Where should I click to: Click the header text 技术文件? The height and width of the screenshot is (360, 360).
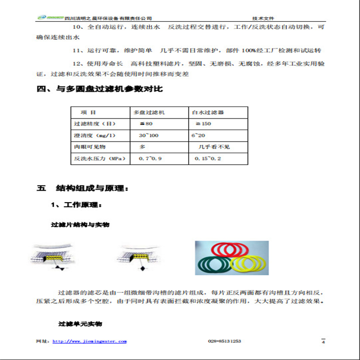pyautogui.click(x=263, y=17)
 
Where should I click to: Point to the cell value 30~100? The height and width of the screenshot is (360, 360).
pyautogui.click(x=149, y=135)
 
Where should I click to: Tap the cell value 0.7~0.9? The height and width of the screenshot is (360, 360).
pyautogui.click(x=150, y=158)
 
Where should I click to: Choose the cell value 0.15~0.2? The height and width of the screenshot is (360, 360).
pyautogui.click(x=205, y=158)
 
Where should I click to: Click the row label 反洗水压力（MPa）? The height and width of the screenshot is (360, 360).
pyautogui.click(x=100, y=158)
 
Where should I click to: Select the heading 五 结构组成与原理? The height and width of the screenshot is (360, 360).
pyautogui.click(x=83, y=188)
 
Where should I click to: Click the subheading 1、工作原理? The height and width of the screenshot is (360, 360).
pyautogui.click(x=76, y=205)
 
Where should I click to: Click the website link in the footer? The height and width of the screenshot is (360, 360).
pyautogui.click(x=89, y=341)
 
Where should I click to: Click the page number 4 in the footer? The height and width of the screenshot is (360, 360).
pyautogui.click(x=323, y=342)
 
